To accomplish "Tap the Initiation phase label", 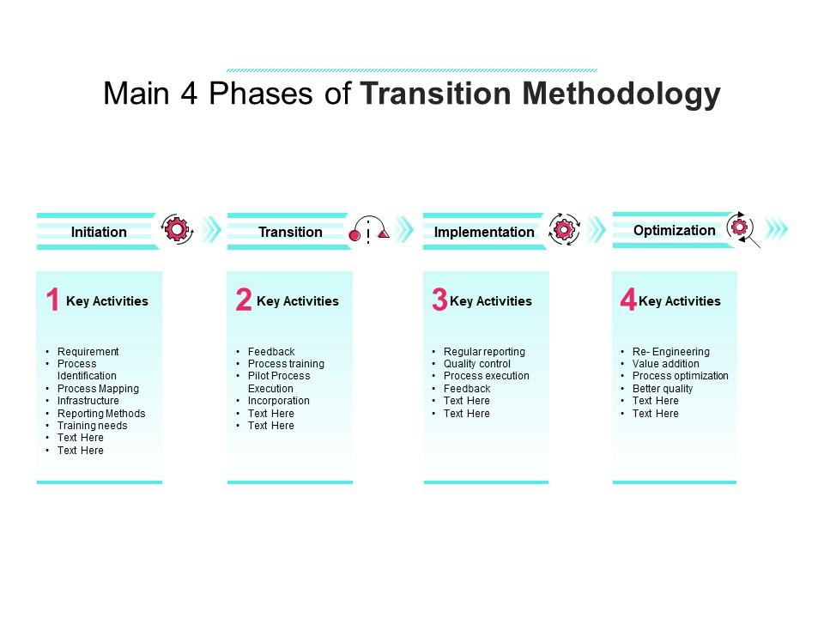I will [99, 232].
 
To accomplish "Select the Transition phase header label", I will [290, 232].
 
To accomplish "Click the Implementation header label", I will [484, 232].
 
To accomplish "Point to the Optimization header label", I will [674, 230].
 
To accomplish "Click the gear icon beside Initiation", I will [177, 229].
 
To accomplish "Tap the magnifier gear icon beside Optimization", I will [740, 227].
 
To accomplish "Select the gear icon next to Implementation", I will [564, 229].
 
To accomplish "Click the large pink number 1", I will [52, 300].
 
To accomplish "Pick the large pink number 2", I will [243, 300].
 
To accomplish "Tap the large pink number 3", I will [439, 300].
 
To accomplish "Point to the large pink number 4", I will [627, 300].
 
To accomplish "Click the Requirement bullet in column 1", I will [88, 352].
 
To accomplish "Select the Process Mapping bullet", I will [98, 389].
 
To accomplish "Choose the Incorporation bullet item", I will [278, 401].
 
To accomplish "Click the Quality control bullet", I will [476, 364].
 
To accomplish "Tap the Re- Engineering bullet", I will [670, 352].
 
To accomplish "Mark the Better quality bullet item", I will [662, 389].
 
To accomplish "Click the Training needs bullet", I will [92, 426].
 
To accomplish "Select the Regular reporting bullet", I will [484, 352].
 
